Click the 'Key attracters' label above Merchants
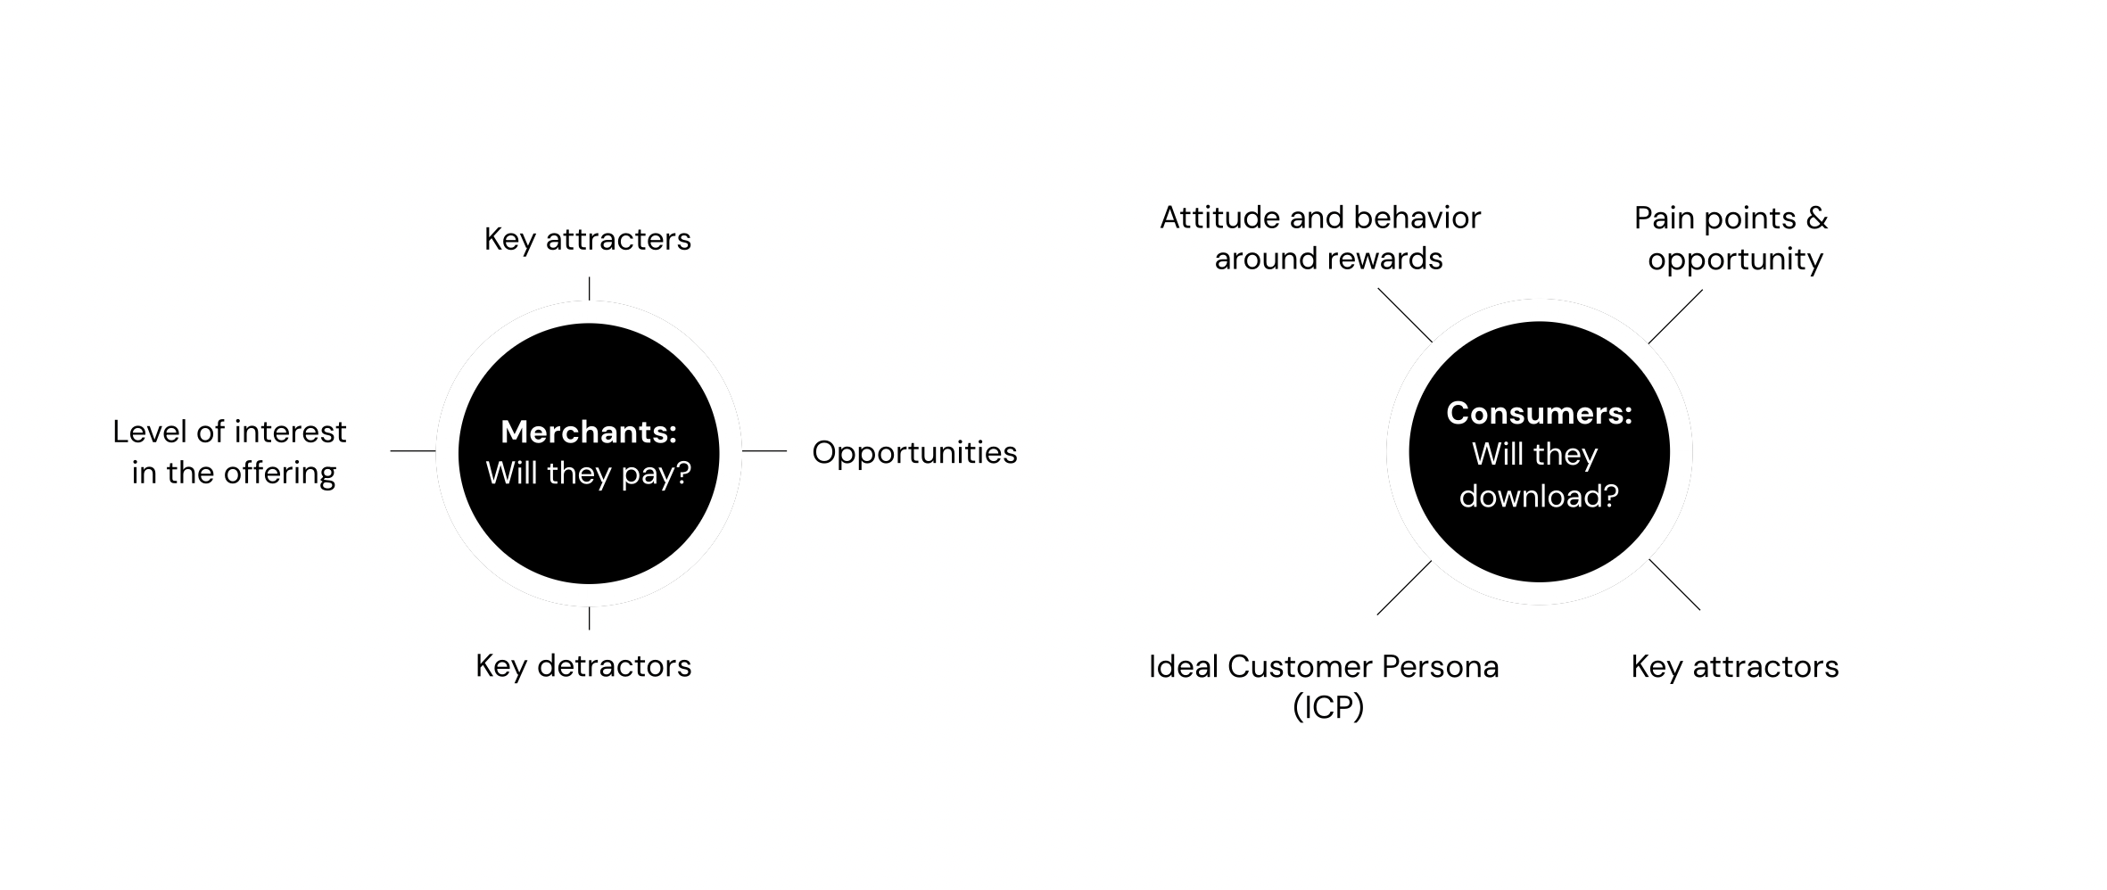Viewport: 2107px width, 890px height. (588, 239)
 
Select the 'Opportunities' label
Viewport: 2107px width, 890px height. (914, 453)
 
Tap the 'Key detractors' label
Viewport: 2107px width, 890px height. (583, 666)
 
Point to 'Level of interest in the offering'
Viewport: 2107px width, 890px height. (230, 452)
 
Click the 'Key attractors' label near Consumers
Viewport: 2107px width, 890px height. (1735, 666)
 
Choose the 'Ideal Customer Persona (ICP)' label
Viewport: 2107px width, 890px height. (1324, 687)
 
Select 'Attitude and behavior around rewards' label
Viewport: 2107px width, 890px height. (1321, 238)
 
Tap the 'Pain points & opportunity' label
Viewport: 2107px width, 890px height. (1731, 239)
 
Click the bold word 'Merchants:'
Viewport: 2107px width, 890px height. (589, 432)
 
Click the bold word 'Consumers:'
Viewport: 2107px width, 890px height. (1540, 413)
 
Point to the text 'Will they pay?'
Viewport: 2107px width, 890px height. (589, 474)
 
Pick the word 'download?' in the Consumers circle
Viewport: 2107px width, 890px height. (1540, 496)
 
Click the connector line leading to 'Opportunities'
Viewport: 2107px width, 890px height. (764, 451)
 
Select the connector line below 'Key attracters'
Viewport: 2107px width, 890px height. (589, 288)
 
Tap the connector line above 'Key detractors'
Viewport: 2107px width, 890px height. (589, 618)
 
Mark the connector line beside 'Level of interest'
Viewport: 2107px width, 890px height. (413, 451)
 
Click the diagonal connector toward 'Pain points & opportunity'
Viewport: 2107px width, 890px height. (1675, 317)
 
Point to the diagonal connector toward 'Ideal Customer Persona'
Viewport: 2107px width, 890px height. (1405, 588)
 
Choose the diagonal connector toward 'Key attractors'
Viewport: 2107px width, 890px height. (1675, 585)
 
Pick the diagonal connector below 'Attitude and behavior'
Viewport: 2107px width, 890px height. (1405, 315)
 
